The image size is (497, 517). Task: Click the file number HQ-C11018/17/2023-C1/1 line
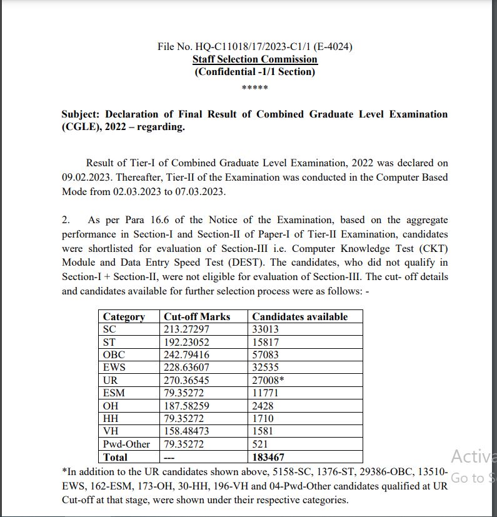(254, 47)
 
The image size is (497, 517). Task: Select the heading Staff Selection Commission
(254, 59)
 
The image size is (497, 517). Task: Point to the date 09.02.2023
(86, 177)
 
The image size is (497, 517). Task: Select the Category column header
(124, 316)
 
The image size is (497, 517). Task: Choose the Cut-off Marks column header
(196, 316)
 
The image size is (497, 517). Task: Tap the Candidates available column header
(299, 316)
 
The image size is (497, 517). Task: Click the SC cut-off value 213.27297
(187, 329)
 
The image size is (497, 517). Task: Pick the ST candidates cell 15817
(266, 342)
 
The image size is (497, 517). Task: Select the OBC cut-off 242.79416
(187, 355)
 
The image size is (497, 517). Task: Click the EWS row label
(114, 368)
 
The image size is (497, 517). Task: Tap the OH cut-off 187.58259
(187, 406)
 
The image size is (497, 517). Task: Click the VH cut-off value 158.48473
(187, 431)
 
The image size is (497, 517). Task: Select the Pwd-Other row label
(126, 444)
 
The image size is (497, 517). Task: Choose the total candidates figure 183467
(268, 457)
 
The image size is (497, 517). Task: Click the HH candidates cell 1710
(263, 418)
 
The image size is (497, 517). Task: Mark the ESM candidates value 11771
(265, 393)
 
